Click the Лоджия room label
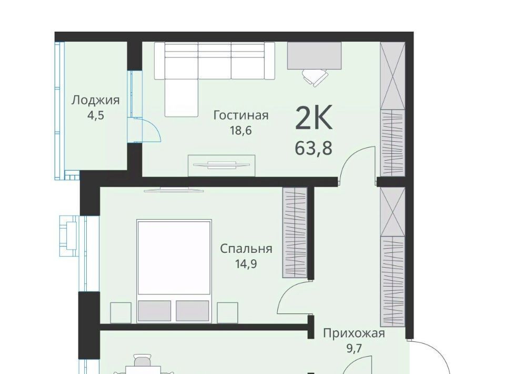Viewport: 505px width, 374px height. (x=95, y=101)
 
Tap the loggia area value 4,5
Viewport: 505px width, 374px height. (x=96, y=115)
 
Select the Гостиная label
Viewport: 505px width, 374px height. (x=241, y=115)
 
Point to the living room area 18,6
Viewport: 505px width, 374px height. (x=240, y=131)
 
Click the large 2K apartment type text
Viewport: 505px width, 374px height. (x=314, y=119)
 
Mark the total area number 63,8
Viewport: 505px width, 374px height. (x=314, y=149)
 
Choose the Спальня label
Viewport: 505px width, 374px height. (x=246, y=249)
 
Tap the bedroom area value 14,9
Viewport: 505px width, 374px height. (x=246, y=264)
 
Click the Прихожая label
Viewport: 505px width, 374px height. (x=354, y=333)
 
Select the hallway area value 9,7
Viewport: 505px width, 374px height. (x=354, y=348)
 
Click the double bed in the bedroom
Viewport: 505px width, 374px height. (x=174, y=271)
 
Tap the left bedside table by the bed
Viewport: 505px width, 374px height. (x=121, y=313)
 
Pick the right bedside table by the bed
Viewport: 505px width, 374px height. (x=227, y=313)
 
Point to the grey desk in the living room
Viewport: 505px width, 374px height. (x=314, y=55)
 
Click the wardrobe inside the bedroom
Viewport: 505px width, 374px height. (x=295, y=232)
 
